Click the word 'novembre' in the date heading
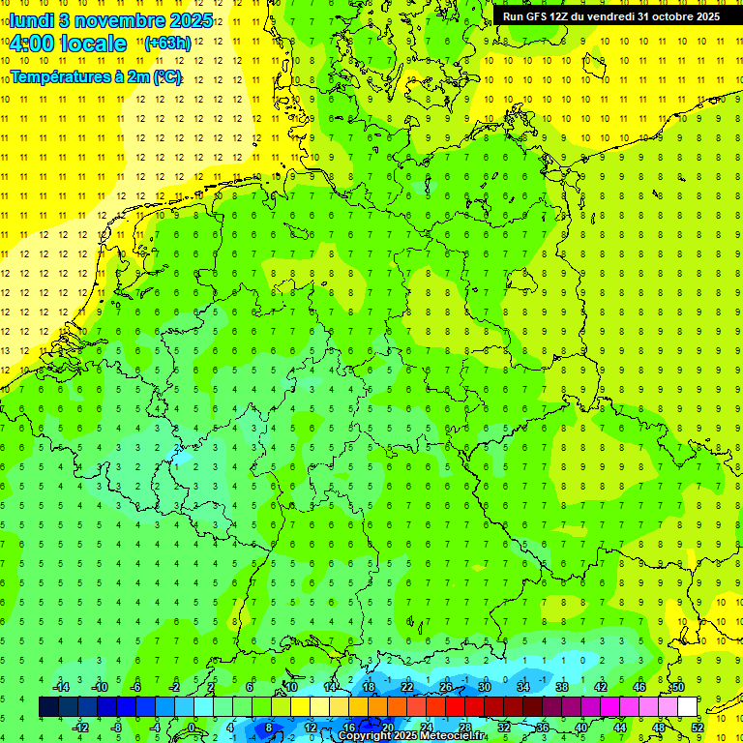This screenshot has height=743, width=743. click(x=118, y=19)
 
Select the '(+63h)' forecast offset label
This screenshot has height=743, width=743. click(x=167, y=44)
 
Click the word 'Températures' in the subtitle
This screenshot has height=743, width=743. click(x=60, y=76)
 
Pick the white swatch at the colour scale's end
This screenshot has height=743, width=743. click(x=687, y=707)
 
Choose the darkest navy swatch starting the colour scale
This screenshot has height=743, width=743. click(x=48, y=707)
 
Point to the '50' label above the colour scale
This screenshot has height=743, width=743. click(x=678, y=687)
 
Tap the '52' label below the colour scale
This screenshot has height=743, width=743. click(x=697, y=728)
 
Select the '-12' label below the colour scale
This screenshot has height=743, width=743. click(x=81, y=728)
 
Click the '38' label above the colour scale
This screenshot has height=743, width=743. click(x=562, y=687)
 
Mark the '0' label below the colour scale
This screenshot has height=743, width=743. click(x=192, y=728)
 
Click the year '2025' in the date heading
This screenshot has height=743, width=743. click(x=189, y=19)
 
